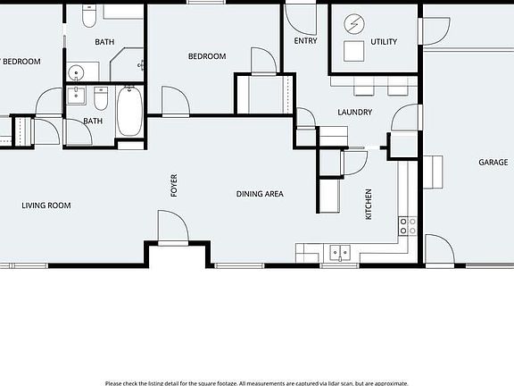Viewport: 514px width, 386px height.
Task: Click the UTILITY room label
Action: click(x=384, y=42)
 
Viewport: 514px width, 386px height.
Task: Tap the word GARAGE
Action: click(x=493, y=163)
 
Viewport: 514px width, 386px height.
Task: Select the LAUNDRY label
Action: click(x=354, y=113)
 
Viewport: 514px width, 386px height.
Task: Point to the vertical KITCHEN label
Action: click(x=368, y=204)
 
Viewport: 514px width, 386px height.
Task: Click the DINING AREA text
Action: click(x=260, y=193)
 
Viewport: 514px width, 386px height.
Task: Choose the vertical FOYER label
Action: click(x=174, y=185)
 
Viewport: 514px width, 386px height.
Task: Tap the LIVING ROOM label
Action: click(x=46, y=206)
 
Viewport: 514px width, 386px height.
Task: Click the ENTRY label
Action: click(x=305, y=41)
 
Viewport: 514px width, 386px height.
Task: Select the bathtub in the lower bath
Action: click(x=129, y=111)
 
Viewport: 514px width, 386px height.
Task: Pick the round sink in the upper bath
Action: click(x=78, y=71)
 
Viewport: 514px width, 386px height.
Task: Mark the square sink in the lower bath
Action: click(x=76, y=96)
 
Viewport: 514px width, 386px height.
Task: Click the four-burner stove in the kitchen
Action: click(x=407, y=225)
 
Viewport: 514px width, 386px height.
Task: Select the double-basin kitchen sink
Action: click(x=340, y=252)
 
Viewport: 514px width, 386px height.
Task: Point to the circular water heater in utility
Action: click(x=354, y=22)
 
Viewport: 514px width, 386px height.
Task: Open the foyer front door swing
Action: click(x=170, y=227)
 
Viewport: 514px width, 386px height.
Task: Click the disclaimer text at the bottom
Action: click(x=257, y=382)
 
